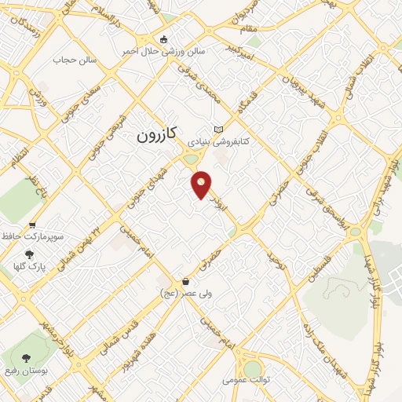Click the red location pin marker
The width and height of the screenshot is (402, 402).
202,184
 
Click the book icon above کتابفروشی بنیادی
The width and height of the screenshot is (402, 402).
218,130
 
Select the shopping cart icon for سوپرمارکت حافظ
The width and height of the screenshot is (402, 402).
32,225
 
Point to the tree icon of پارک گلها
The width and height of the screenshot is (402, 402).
30,254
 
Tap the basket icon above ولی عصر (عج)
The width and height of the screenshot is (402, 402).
185,281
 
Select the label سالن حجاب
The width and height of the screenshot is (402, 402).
74,60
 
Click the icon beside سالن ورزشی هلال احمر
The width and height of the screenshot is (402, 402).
163,39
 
